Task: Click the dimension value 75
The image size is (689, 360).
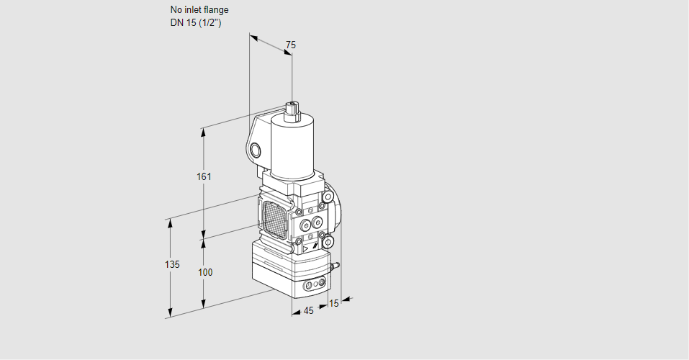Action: coord(290,45)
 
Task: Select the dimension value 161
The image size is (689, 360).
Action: coord(204,177)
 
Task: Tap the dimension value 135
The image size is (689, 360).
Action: coord(171,265)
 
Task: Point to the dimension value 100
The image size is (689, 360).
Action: coord(205,272)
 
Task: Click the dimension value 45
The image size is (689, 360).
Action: coord(308,310)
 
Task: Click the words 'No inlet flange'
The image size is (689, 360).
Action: coord(199,10)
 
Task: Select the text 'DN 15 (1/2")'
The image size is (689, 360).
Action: coord(194,22)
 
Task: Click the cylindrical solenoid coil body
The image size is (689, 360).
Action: coord(291,148)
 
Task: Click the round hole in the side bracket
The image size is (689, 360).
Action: coord(256,150)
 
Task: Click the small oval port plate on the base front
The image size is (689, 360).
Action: coord(313,286)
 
